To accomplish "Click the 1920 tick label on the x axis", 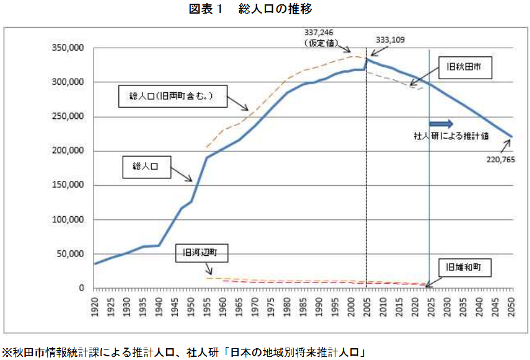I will tap(95, 304).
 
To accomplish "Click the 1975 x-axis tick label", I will tap(270, 304).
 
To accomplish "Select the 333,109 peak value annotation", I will tap(391, 40).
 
